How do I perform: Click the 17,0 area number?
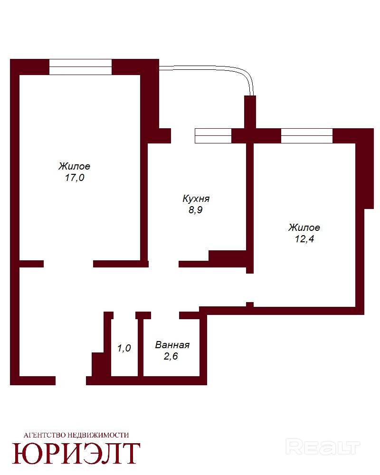[75, 178]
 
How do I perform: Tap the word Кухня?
[196, 199]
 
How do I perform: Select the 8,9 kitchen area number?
[195, 209]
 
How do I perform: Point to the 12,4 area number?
[304, 239]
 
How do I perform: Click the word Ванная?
[172, 345]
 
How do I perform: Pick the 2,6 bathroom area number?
[171, 356]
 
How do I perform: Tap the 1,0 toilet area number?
[124, 348]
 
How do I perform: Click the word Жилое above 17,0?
[74, 166]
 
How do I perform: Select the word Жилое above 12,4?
[304, 228]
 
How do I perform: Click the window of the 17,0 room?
[81, 66]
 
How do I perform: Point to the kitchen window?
[213, 136]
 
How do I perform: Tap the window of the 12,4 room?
[307, 136]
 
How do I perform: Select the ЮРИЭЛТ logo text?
[76, 453]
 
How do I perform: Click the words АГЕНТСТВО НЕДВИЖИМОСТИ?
[76, 435]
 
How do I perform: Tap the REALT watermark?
[323, 447]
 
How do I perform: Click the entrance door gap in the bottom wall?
[71, 380]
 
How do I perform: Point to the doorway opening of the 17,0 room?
[68, 264]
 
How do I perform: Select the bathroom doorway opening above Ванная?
[165, 315]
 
